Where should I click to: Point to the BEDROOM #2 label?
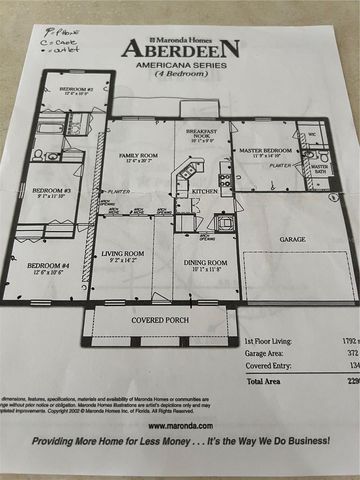[x=75, y=90]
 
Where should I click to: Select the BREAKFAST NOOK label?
[x=204, y=134]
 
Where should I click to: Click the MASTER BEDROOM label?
[x=264, y=150]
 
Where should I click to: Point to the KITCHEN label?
[x=205, y=191]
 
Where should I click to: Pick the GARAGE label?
[x=292, y=240]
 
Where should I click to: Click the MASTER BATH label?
[x=319, y=168]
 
